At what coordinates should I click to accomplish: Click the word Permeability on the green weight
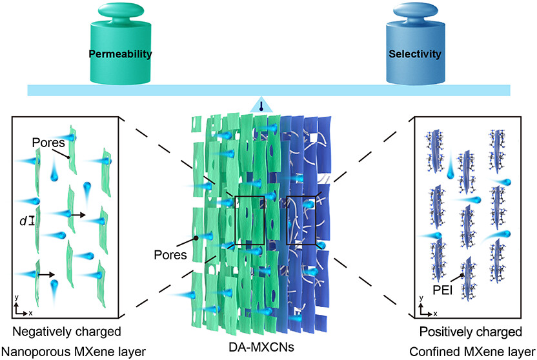[121, 54]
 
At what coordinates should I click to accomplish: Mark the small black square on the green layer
[249, 220]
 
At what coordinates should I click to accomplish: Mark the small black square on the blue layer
[301, 221]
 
